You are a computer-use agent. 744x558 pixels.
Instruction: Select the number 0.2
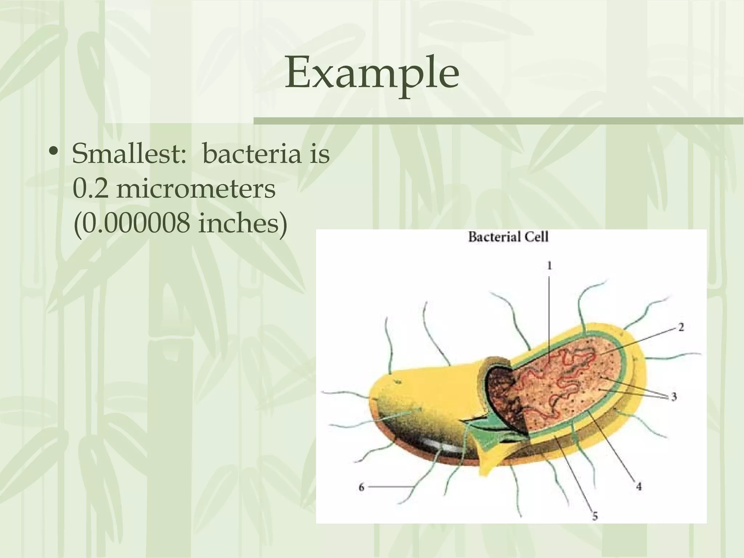click(90, 189)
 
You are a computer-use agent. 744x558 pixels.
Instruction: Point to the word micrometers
click(196, 189)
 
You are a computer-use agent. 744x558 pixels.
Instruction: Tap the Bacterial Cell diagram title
click(508, 237)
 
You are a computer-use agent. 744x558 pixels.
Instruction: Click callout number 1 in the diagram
click(550, 266)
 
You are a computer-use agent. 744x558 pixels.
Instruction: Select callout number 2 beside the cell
click(681, 327)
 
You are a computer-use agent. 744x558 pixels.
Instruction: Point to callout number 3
click(674, 397)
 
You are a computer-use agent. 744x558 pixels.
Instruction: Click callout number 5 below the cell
click(595, 516)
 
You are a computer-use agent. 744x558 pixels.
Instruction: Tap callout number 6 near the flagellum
click(361, 487)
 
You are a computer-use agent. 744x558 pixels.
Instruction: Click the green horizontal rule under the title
click(498, 121)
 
